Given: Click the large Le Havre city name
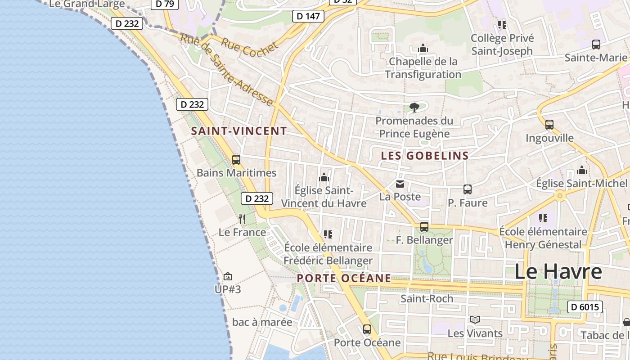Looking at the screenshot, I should click(558, 271).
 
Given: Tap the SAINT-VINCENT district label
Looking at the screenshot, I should click(239, 131).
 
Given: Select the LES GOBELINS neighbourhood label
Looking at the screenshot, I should click(425, 156).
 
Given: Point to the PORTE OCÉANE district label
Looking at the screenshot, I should click(344, 278).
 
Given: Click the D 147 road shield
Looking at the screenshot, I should click(308, 16).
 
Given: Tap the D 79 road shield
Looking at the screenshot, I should click(164, 4).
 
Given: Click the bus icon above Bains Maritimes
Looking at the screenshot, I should click(236, 159).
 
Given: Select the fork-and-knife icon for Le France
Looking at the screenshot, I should click(242, 219).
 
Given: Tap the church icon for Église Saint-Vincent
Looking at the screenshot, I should click(324, 178).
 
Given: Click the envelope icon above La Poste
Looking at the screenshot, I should click(400, 184).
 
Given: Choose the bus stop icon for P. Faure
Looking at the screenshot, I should click(468, 189).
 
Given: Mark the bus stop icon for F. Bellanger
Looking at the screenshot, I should click(424, 227).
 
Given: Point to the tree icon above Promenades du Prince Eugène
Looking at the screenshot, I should click(414, 108).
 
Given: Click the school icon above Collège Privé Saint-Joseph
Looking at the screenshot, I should click(502, 24).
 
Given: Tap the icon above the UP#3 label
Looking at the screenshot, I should click(228, 276).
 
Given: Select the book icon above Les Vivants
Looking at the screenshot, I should click(475, 319).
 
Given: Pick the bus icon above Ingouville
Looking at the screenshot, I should click(549, 124).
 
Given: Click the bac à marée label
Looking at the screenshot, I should click(262, 322).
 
